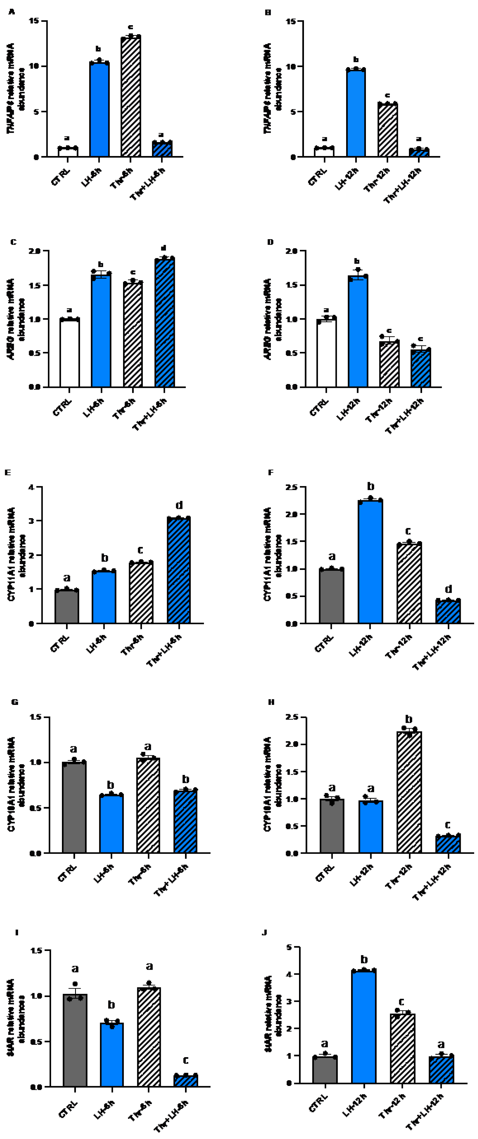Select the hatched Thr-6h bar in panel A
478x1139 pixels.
pyautogui.click(x=130, y=97)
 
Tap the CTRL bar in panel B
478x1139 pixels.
pyautogui.click(x=324, y=152)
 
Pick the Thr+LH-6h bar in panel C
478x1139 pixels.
pyautogui.click(x=165, y=323)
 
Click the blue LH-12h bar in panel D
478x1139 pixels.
pyautogui.click(x=358, y=331)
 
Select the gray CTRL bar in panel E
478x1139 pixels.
pyautogui.click(x=67, y=607)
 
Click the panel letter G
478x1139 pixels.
pyautogui.click(x=15, y=702)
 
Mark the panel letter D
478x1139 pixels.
pyautogui.click(x=271, y=242)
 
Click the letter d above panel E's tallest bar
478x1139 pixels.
pyautogui.click(x=179, y=505)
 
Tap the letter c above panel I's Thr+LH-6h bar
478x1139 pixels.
pyautogui.click(x=186, y=1060)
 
